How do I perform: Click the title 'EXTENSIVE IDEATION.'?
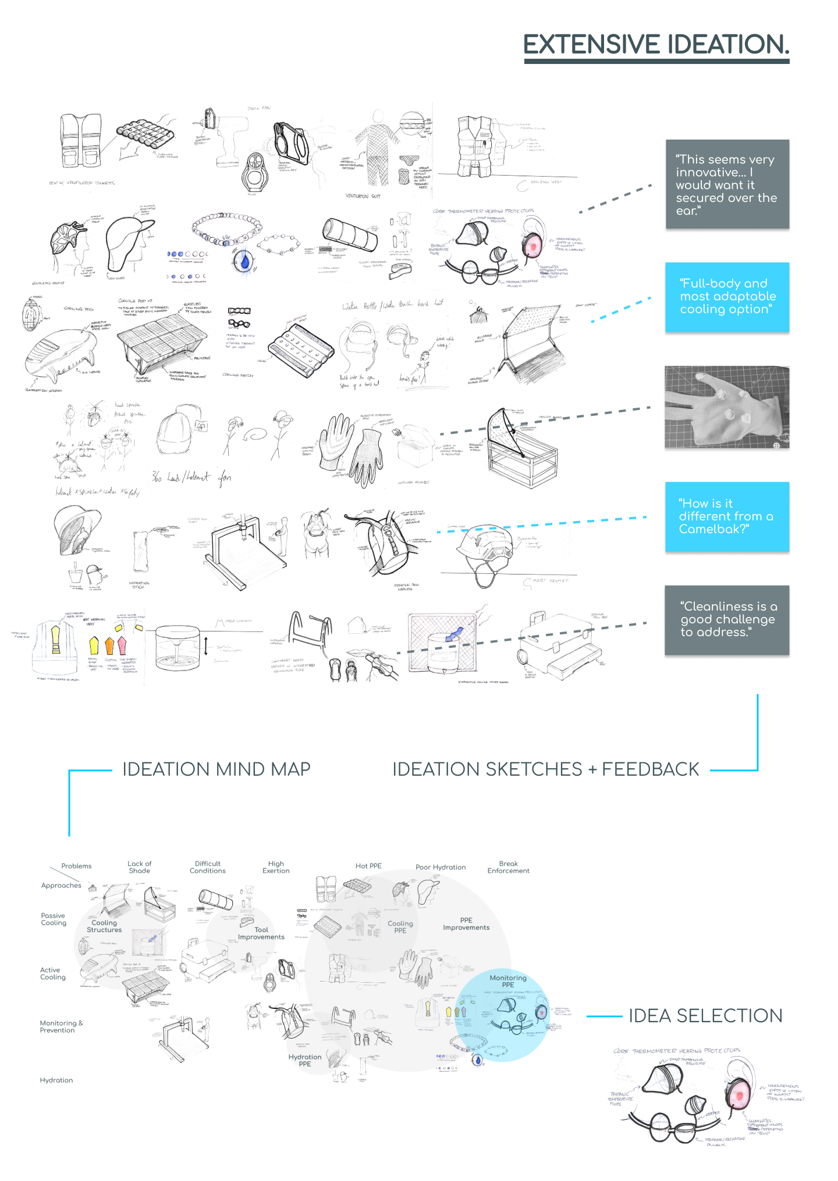pos(656,45)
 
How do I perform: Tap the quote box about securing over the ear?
pos(727,184)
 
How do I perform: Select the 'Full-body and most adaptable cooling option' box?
pos(727,297)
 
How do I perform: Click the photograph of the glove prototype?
pos(727,407)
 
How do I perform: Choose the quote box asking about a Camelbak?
pos(727,516)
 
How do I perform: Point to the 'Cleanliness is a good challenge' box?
pos(727,620)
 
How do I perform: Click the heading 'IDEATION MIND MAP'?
pos(216,769)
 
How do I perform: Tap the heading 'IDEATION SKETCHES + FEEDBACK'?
pos(545,769)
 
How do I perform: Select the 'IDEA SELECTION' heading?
pos(705,1016)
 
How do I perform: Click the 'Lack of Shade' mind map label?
pos(140,867)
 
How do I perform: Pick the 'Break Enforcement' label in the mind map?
pos(508,867)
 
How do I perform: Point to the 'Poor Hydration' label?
pos(441,867)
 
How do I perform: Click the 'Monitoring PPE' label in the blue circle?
pos(508,981)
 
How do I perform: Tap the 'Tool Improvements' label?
pos(261,933)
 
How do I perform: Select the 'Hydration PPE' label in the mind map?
pos(305,1060)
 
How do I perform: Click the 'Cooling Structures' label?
pos(104,926)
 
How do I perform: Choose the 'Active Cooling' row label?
pos(53,973)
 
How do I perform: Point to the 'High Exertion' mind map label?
pos(276,867)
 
